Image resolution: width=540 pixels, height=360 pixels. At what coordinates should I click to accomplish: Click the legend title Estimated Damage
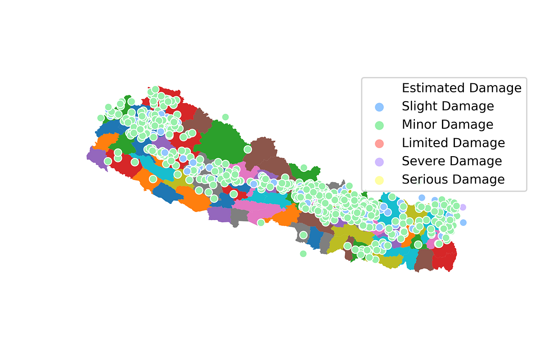[x=461, y=88]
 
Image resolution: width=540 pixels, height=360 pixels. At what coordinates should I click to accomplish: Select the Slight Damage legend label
[x=448, y=106]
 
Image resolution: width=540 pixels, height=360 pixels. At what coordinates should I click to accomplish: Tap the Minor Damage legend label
[x=447, y=124]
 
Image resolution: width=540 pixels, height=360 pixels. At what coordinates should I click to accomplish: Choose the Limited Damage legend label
[x=453, y=143]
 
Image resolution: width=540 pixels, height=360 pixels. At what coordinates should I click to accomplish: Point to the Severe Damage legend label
[x=451, y=161]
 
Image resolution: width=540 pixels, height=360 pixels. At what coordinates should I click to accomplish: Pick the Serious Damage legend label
[x=453, y=179]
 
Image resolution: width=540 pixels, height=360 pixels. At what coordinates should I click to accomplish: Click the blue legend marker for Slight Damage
[x=379, y=107]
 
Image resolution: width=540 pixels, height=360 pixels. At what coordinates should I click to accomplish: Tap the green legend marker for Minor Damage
[x=379, y=125]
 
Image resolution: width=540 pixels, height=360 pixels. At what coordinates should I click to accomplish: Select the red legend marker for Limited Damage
[x=379, y=143]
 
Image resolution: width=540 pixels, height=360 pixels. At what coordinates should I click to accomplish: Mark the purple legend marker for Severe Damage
[x=379, y=162]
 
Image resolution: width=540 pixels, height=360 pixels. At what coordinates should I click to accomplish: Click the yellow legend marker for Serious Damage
[x=379, y=180]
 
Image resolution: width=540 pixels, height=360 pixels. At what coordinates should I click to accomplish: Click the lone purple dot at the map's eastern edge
[x=463, y=207]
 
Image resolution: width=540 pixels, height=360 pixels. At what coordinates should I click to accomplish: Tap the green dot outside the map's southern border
[x=303, y=254]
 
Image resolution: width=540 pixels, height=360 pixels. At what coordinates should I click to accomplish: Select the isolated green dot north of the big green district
[x=225, y=117]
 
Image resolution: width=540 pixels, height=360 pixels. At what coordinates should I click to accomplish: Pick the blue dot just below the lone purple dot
[x=463, y=222]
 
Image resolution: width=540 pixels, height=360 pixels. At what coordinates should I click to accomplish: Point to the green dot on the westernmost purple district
[x=108, y=161]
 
